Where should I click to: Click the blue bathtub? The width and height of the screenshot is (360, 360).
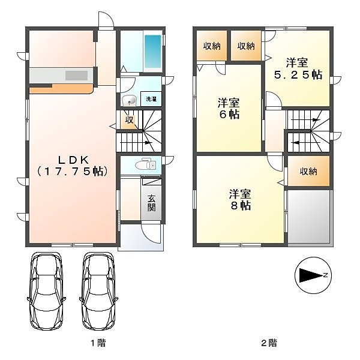[152, 51]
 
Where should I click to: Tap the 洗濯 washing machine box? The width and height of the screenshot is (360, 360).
[151, 99]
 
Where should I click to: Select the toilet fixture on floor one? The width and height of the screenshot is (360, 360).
[146, 164]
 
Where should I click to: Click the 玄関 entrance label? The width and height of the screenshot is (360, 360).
[151, 203]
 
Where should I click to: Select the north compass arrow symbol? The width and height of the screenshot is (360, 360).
[313, 275]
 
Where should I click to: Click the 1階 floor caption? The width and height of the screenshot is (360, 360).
[98, 343]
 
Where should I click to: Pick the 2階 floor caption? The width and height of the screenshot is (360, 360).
[269, 343]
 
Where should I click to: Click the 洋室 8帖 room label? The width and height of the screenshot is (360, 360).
[240, 200]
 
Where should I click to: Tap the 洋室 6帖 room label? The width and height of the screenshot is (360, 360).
[229, 109]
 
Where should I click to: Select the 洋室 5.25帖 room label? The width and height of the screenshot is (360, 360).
[298, 68]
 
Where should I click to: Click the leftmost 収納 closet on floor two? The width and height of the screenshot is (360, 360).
[212, 46]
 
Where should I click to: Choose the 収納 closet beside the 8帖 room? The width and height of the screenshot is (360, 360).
[308, 171]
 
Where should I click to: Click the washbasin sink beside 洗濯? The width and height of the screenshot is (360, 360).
[129, 101]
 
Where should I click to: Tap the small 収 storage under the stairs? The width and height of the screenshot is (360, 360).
[130, 119]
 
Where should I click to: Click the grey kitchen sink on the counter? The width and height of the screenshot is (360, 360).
[76, 76]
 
